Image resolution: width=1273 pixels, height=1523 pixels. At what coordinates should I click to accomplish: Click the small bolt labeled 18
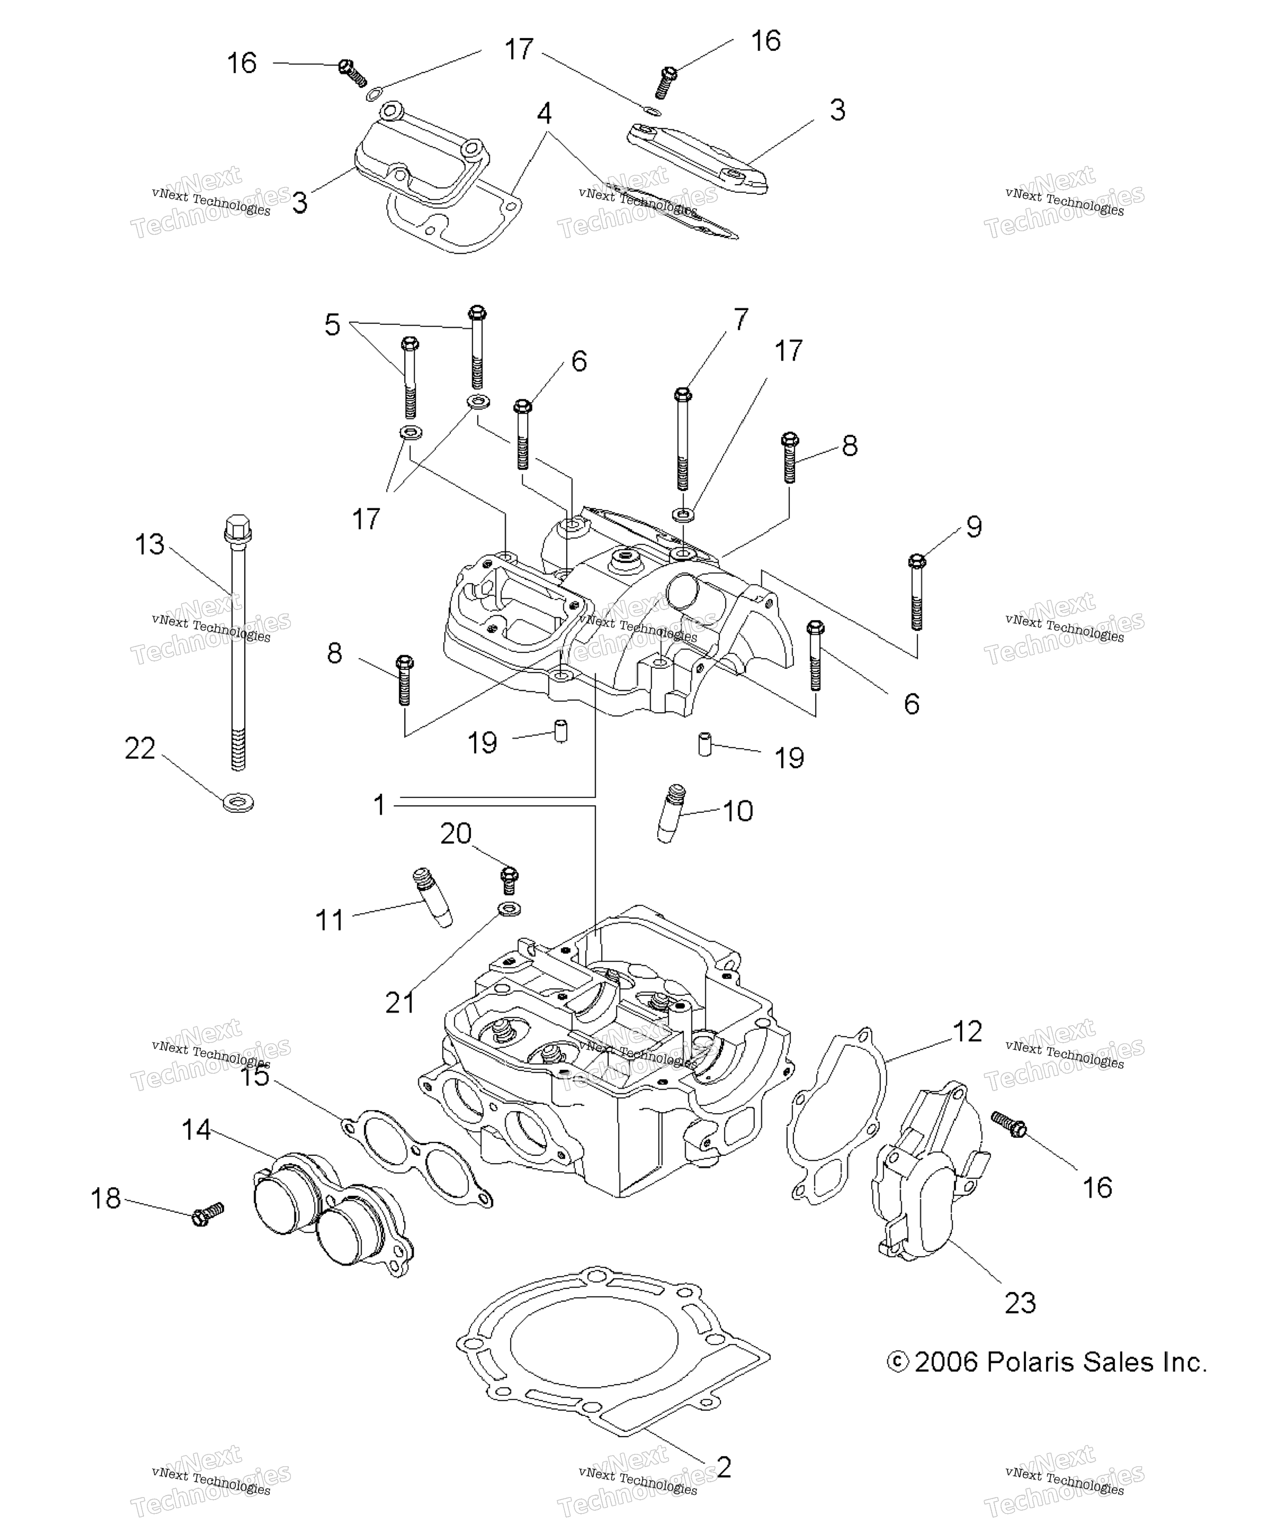click(x=207, y=1213)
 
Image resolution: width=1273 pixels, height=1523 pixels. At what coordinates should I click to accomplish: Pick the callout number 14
click(x=196, y=1129)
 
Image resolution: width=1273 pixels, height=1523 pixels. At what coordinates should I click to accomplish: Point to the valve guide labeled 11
click(x=432, y=897)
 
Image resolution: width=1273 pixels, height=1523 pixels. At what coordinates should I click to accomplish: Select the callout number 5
click(x=332, y=324)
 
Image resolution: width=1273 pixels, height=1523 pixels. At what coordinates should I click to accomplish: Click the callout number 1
click(x=379, y=804)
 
